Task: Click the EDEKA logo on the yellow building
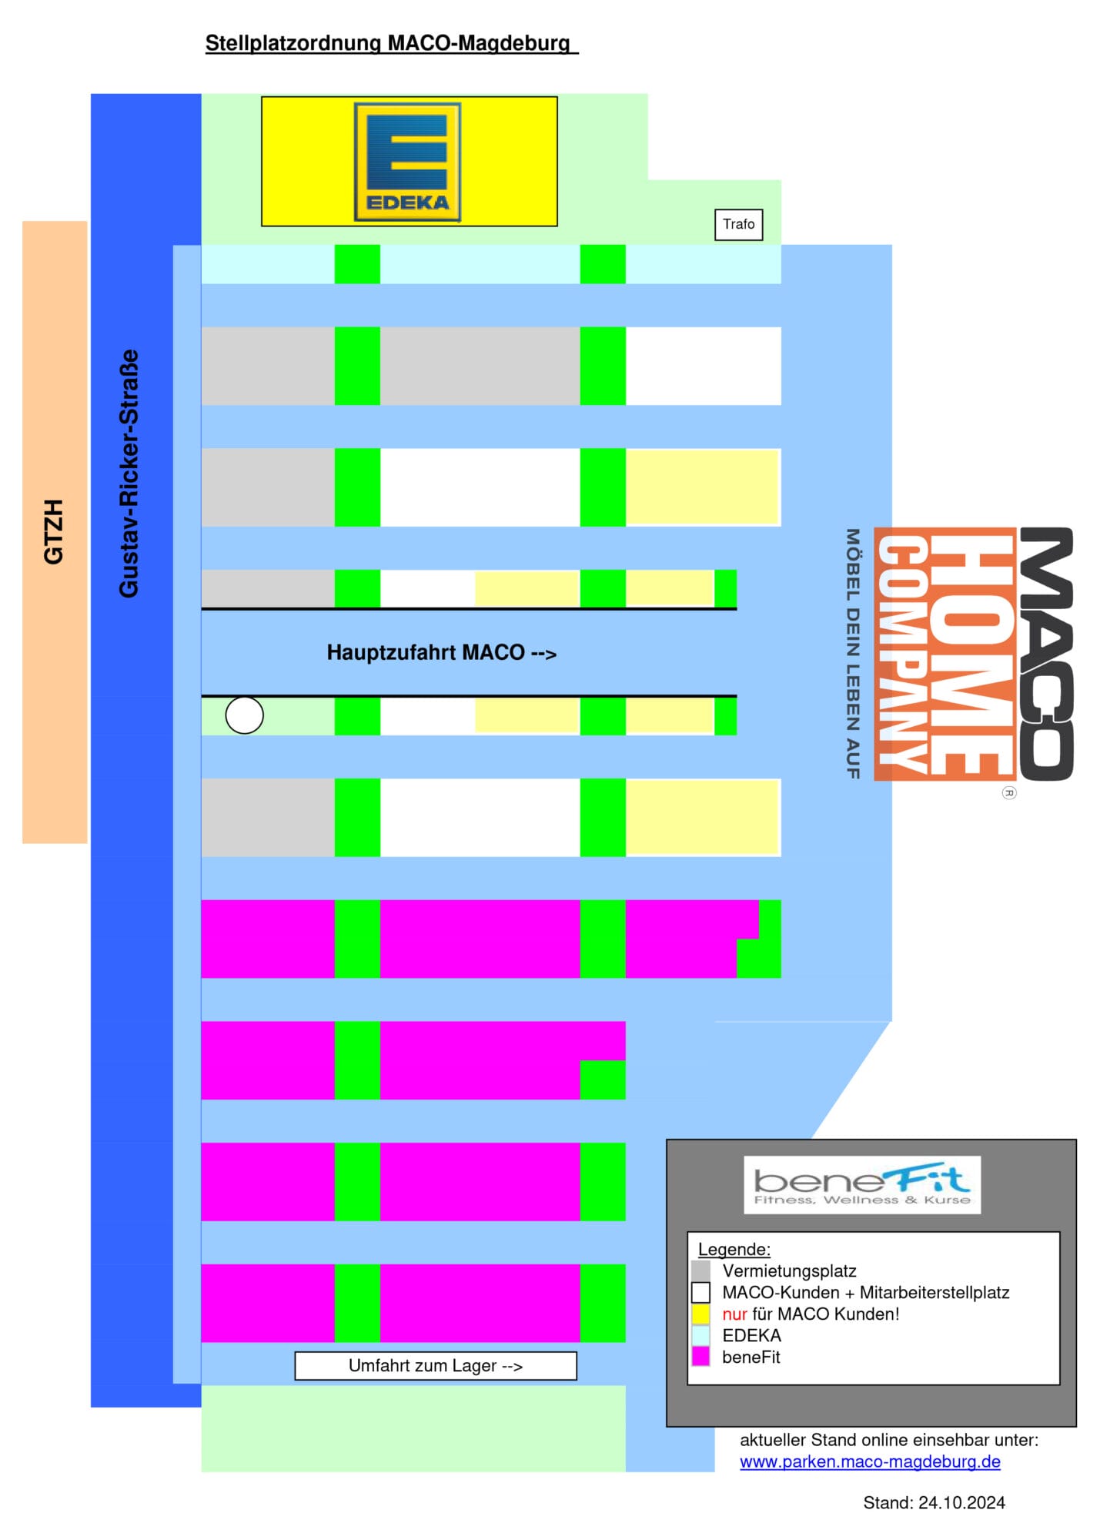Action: click(x=407, y=162)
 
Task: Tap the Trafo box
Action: click(x=738, y=224)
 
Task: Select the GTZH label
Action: click(x=53, y=531)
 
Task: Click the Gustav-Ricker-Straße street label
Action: click(x=129, y=473)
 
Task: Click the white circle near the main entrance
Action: click(x=244, y=715)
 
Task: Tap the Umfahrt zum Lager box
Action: click(x=436, y=1365)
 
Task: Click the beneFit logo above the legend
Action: click(x=862, y=1184)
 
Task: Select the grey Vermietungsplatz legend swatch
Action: click(x=700, y=1270)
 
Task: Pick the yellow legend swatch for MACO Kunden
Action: click(x=700, y=1314)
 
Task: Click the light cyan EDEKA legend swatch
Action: click(x=700, y=1335)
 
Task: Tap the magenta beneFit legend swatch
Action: click(x=700, y=1357)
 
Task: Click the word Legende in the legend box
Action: click(x=734, y=1250)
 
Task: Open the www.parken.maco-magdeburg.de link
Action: click(x=870, y=1461)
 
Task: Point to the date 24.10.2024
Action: click(x=962, y=1502)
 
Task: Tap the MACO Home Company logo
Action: click(x=974, y=654)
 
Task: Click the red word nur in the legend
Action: click(x=734, y=1314)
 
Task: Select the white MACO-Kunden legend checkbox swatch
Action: click(x=700, y=1292)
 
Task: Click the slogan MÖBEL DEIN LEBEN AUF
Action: click(x=852, y=654)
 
